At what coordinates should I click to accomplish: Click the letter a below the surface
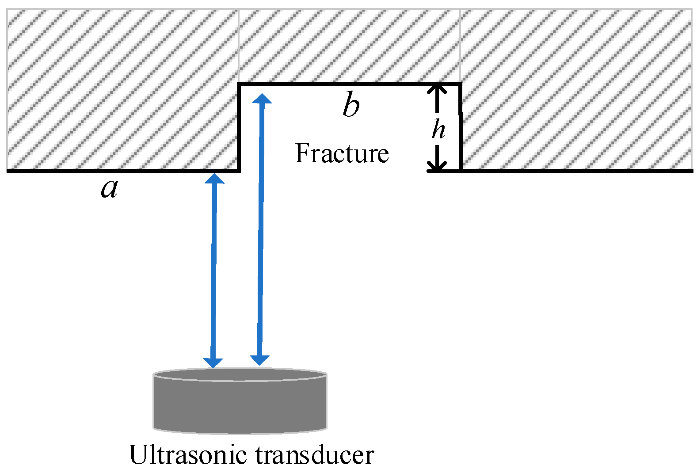tap(109, 189)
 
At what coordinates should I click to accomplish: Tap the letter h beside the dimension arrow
tap(438, 129)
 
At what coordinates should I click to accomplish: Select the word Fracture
tap(342, 153)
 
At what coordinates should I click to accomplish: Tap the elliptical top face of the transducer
tap(240, 375)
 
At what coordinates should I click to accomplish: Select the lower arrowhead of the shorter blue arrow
tap(213, 362)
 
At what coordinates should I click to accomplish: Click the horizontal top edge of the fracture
tap(349, 84)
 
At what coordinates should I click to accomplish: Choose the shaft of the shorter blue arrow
tap(214, 270)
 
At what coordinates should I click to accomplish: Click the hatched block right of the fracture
tap(575, 88)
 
